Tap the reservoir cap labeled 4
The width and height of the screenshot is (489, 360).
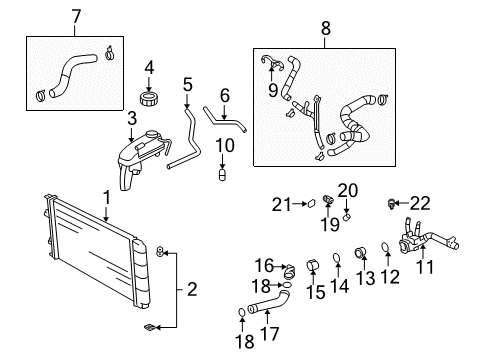tap(150, 99)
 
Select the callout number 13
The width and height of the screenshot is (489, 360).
tap(337, 287)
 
